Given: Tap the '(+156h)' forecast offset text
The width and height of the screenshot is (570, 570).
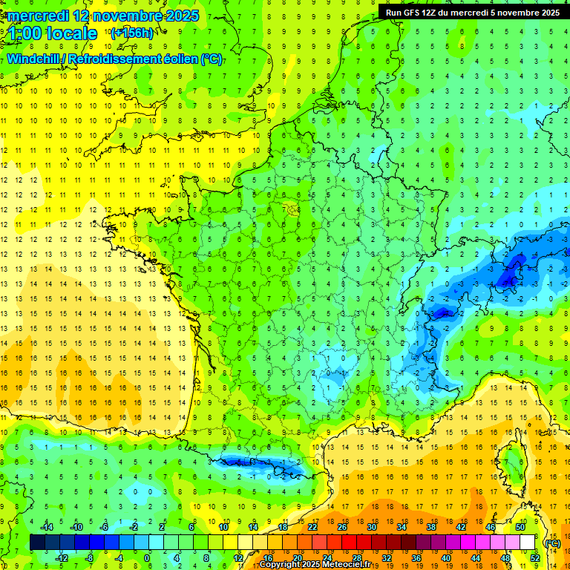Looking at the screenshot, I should [x=131, y=33].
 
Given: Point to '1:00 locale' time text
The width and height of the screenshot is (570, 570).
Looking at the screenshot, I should [x=51, y=33].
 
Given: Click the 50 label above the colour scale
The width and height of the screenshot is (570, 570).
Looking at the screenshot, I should [x=520, y=526].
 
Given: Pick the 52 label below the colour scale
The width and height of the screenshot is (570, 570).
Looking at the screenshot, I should [x=534, y=558].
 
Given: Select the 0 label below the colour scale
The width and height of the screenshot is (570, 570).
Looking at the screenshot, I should [x=146, y=558].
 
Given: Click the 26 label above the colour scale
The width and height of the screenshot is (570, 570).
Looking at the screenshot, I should [x=342, y=526].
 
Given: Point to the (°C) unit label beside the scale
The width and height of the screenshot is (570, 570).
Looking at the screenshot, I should [x=552, y=543].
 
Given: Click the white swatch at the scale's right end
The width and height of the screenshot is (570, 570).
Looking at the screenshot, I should [x=527, y=543].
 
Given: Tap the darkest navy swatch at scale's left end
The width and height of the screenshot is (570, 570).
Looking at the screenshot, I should [x=37, y=543].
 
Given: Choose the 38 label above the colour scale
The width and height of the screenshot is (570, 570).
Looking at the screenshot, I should [x=430, y=526].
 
